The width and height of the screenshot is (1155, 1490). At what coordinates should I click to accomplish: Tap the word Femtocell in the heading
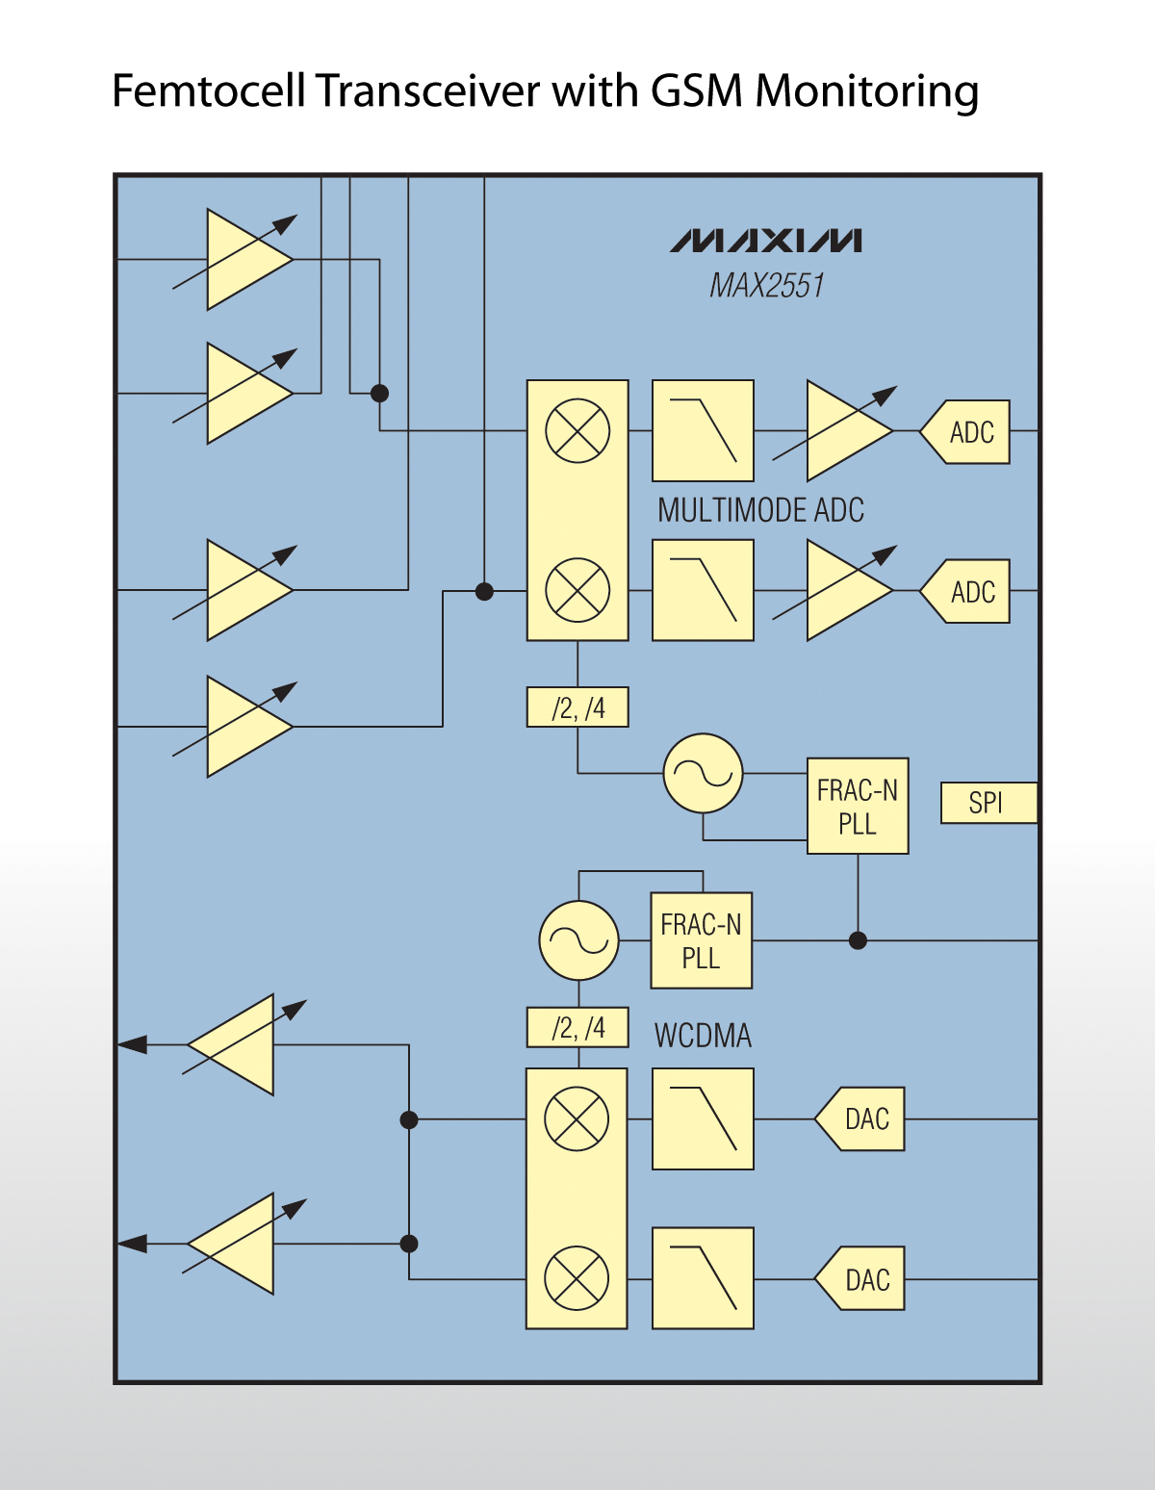pyautogui.click(x=210, y=92)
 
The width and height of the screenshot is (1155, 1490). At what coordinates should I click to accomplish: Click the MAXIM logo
pyautogui.click(x=766, y=241)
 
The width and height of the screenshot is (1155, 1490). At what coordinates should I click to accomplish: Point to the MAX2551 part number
pyautogui.click(x=766, y=286)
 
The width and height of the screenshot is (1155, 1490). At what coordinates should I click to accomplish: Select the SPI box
pyautogui.click(x=988, y=803)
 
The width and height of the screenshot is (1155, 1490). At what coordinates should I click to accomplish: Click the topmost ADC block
pyautogui.click(x=966, y=432)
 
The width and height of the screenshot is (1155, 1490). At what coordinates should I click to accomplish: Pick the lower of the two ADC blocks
pyautogui.click(x=966, y=591)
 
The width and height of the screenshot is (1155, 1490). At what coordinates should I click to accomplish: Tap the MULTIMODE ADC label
pyautogui.click(x=760, y=510)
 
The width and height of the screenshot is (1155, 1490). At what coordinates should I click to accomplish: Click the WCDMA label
pyautogui.click(x=703, y=1036)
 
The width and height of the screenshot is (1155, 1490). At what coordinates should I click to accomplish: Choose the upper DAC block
pyautogui.click(x=861, y=1119)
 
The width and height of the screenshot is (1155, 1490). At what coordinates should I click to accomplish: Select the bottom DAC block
pyautogui.click(x=861, y=1279)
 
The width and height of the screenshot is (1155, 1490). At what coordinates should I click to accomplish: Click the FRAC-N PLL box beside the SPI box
pyautogui.click(x=857, y=807)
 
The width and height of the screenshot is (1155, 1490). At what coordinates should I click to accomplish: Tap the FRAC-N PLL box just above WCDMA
pyautogui.click(x=701, y=940)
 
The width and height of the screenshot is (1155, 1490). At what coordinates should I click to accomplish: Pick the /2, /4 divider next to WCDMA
pyautogui.click(x=577, y=1028)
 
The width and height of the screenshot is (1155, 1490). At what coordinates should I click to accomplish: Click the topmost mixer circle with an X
pyautogui.click(x=577, y=431)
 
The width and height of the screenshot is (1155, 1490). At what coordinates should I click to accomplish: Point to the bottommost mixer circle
pyautogui.click(x=577, y=1279)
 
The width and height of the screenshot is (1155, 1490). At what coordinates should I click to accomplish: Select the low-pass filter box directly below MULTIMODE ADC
pyautogui.click(x=703, y=590)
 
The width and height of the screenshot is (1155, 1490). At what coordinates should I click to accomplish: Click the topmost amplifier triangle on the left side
pyautogui.click(x=245, y=260)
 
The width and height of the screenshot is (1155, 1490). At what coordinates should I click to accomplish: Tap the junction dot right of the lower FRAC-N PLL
pyautogui.click(x=858, y=940)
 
